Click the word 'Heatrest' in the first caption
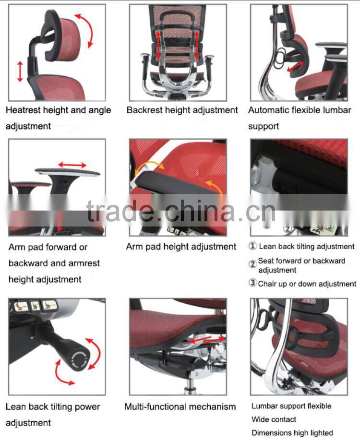23,110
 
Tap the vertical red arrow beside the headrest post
20,72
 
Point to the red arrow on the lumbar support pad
295,66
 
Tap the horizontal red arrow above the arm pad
72,165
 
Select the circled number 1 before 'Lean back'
253,246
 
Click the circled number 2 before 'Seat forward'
253,263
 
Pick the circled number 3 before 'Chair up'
253,283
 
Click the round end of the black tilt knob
78,358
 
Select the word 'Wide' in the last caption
260,420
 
